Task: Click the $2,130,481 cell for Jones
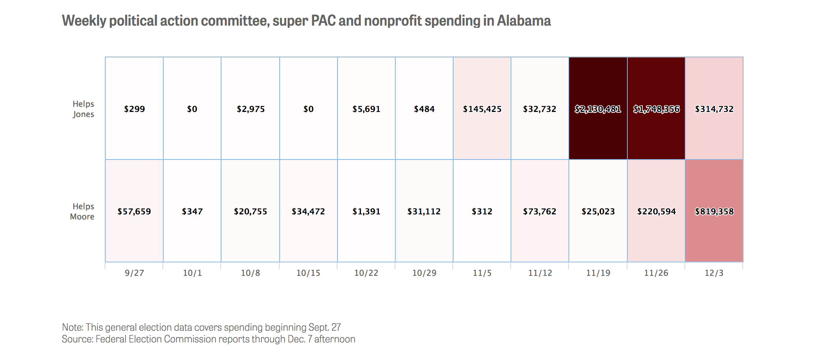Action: (x=598, y=109)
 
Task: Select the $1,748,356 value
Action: (x=656, y=109)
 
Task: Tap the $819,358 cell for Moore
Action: (x=714, y=211)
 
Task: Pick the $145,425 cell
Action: (x=482, y=109)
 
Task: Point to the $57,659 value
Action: (x=134, y=211)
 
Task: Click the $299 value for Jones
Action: (x=134, y=109)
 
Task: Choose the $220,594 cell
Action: (x=656, y=211)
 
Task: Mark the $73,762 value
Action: (x=540, y=211)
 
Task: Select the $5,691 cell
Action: (x=366, y=109)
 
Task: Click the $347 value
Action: (x=192, y=211)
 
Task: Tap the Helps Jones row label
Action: (x=83, y=109)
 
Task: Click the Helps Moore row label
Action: (x=82, y=211)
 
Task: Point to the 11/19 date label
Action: (x=598, y=273)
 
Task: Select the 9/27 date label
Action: (x=134, y=273)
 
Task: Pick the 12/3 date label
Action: (x=714, y=273)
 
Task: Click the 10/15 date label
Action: (x=308, y=273)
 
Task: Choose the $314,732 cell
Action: (x=714, y=109)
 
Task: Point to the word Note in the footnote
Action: (x=72, y=327)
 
